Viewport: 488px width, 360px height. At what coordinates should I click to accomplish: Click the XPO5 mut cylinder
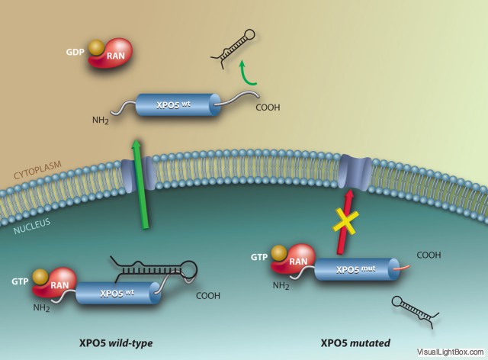point(351,268)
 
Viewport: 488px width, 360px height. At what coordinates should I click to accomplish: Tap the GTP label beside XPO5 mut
point(258,258)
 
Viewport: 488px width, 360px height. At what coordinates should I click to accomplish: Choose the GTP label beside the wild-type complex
point(19,281)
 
